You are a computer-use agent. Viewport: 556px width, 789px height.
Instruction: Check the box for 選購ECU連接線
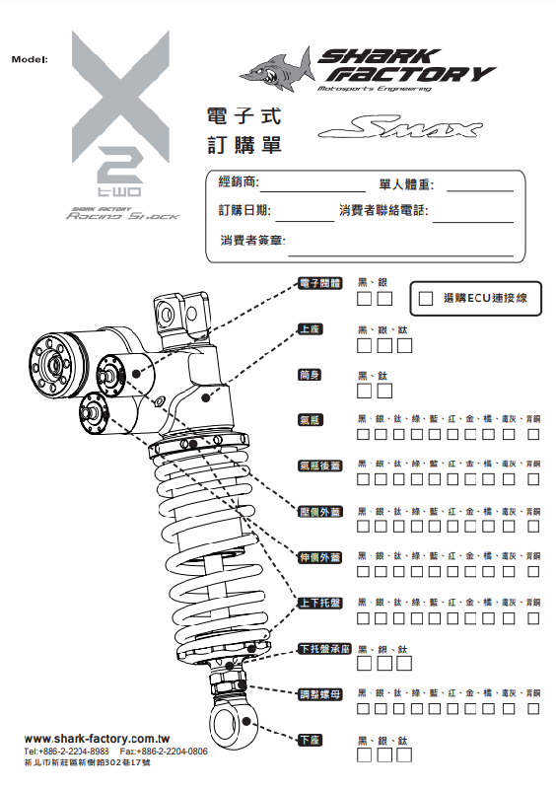pyautogui.click(x=426, y=298)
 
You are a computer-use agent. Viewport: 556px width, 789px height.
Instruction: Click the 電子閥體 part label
pyautogui.click(x=319, y=284)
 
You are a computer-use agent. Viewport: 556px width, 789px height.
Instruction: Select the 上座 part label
pyautogui.click(x=309, y=329)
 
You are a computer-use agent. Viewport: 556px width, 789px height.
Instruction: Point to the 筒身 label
pyautogui.click(x=309, y=375)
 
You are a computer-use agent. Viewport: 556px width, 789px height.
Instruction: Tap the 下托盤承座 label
pyautogui.click(x=324, y=649)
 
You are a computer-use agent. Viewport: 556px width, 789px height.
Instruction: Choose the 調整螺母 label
pyautogui.click(x=319, y=694)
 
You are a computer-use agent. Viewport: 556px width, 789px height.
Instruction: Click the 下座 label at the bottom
pyautogui.click(x=309, y=740)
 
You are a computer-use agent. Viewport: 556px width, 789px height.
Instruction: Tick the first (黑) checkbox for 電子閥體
pyautogui.click(x=365, y=299)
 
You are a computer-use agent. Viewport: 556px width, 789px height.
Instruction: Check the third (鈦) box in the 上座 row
pyautogui.click(x=404, y=345)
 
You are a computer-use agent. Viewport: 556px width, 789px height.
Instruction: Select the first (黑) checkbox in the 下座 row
pyautogui.click(x=365, y=755)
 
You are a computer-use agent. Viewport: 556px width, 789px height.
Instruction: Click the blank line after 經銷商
pyautogui.click(x=313, y=187)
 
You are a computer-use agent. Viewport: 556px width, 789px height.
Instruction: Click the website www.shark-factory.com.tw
pyautogui.click(x=98, y=739)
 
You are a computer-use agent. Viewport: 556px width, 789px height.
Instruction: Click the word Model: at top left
pyautogui.click(x=30, y=60)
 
